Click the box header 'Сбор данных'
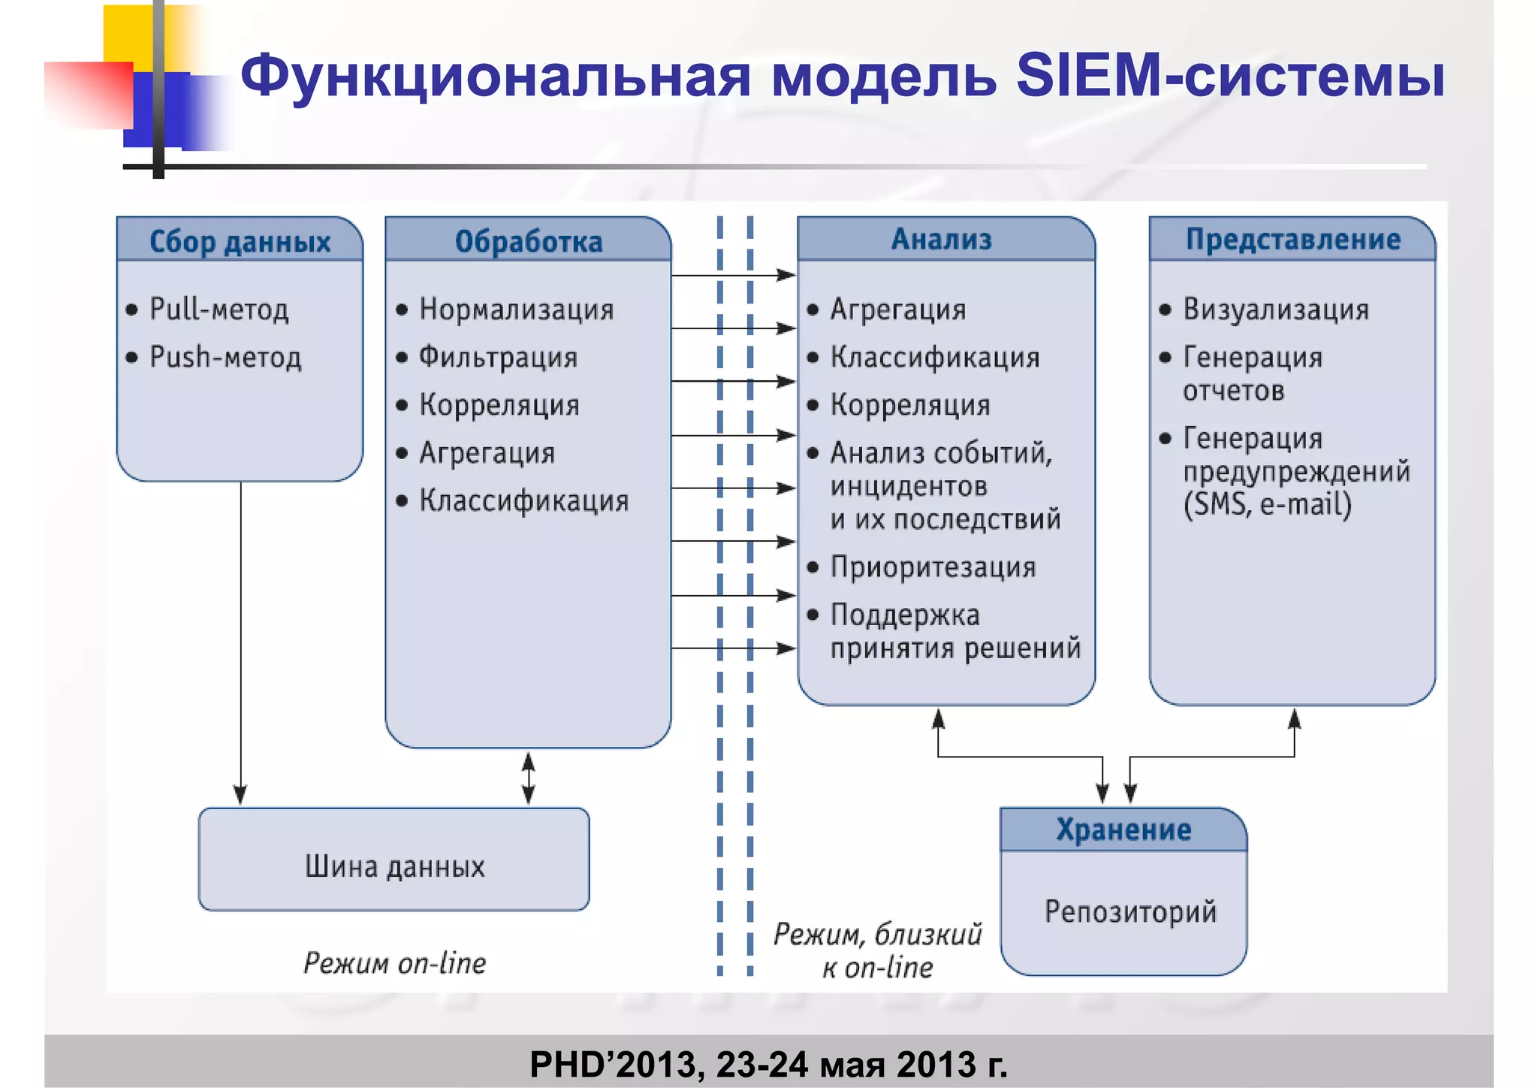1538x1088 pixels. coord(240,241)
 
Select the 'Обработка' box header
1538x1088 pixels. coord(528,241)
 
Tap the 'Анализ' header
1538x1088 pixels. coord(941,239)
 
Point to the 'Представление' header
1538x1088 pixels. coord(1292,239)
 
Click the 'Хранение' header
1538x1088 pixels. coord(1123,830)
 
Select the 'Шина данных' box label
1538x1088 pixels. coord(394,866)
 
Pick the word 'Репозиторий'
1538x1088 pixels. coord(1130,911)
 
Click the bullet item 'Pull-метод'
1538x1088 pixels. coord(219,309)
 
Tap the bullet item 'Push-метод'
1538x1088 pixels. coord(225,357)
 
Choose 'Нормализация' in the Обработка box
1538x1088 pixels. coord(517,309)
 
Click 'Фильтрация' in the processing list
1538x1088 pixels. coord(498,357)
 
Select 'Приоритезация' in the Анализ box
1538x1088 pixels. coord(933,567)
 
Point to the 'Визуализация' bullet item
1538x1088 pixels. coord(1276,309)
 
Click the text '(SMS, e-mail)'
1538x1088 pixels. coord(1268,503)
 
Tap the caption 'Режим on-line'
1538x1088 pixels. coord(394,963)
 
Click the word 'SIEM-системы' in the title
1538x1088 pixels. coord(1229,76)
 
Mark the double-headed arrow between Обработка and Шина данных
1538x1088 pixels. coord(529,778)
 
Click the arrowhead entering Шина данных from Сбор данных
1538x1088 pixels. coord(240,795)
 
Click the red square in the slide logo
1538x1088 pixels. coord(89,94)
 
